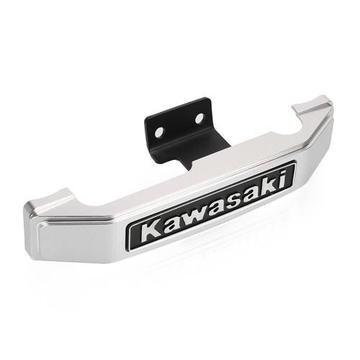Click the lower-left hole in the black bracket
tap(159, 132)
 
